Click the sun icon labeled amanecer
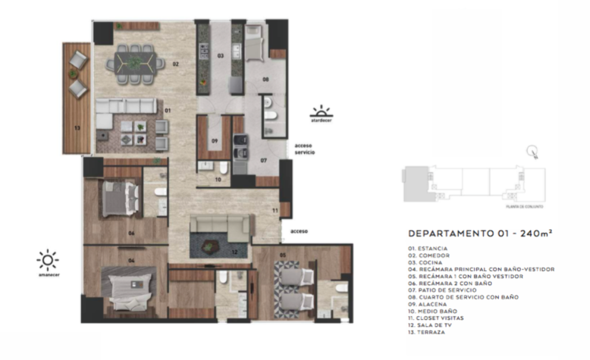[x=47, y=260]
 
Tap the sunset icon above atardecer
[x=321, y=111]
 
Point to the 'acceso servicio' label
[x=304, y=149]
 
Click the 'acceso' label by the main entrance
[x=299, y=231]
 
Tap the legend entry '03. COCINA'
[x=425, y=262]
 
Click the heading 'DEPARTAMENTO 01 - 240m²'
[x=481, y=234]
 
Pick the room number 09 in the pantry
[x=214, y=141]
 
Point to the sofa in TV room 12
[x=222, y=226]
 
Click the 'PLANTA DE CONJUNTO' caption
[x=522, y=206]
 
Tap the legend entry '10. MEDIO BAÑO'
[x=433, y=311]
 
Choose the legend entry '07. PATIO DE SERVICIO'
[x=442, y=290]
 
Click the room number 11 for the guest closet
[x=275, y=211]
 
